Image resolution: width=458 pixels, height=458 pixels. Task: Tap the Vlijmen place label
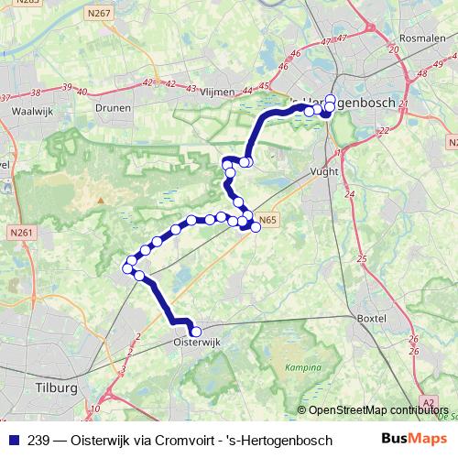tap(215, 93)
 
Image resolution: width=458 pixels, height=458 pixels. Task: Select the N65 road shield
tap(267, 220)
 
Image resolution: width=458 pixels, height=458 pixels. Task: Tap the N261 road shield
tap(23, 233)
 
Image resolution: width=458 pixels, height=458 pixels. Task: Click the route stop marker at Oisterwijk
tap(195, 332)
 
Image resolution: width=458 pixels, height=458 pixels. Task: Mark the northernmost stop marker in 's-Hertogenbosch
tap(331, 100)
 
